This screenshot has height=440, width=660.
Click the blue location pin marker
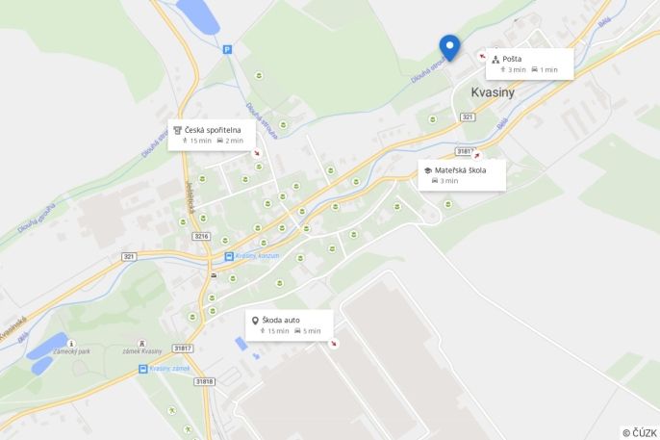coord(449,46)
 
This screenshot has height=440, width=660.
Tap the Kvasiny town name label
coord(493,92)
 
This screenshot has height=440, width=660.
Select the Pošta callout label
coord(512,59)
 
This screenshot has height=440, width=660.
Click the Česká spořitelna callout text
coord(214,129)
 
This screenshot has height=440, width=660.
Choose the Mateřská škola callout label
coord(460,170)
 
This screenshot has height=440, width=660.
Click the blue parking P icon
coord(227,49)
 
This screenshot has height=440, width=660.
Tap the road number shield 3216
coord(201,236)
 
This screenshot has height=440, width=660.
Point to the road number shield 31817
coord(183,348)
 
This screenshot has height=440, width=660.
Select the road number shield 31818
coord(204,381)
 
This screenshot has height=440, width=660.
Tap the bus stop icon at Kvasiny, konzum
coord(229,256)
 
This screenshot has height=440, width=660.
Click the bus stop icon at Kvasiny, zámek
coord(143,369)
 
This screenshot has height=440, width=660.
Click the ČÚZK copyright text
coord(640,433)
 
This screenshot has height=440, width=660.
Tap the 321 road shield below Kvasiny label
coord(468,116)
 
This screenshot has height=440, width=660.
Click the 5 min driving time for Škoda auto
coord(311,331)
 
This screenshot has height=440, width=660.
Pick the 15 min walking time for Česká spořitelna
coord(200,141)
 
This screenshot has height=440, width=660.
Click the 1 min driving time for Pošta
coord(548,69)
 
